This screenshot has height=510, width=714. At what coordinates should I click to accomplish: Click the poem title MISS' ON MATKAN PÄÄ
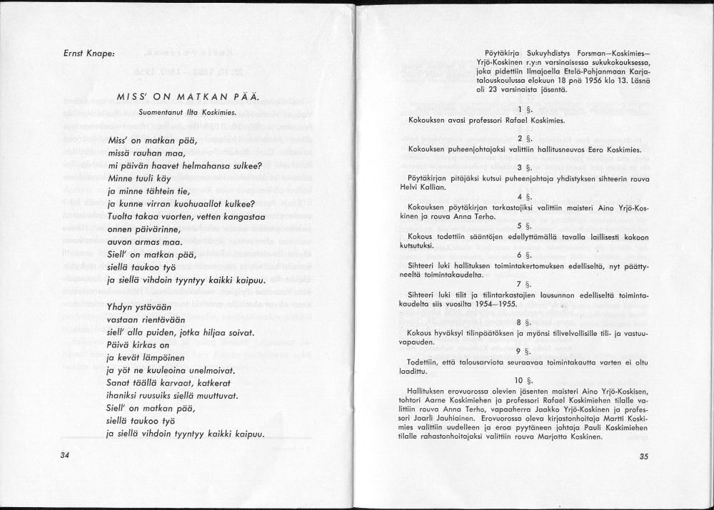click(188, 97)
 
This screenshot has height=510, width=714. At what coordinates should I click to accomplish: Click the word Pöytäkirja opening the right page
click(501, 52)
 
